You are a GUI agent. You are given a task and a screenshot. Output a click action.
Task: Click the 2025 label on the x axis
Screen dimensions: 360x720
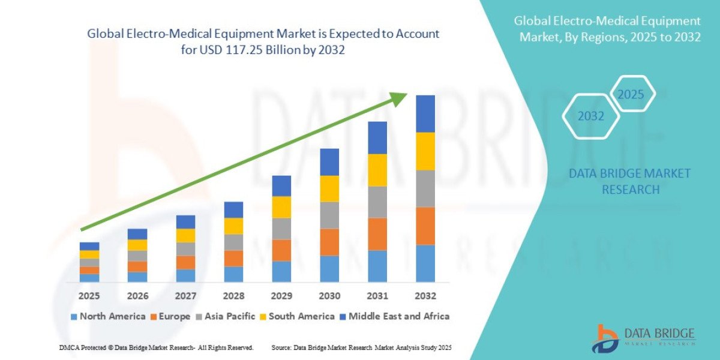89,296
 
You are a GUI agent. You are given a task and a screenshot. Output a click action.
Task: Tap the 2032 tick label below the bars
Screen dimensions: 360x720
425,296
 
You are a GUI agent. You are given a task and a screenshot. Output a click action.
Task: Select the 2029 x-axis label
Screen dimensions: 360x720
281,296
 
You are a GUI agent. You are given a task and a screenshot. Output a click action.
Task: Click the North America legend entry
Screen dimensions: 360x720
108,316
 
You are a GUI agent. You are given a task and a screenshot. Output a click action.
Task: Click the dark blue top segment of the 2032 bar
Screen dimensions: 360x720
425,113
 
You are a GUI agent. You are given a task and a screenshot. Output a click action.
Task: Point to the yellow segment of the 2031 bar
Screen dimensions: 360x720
377,170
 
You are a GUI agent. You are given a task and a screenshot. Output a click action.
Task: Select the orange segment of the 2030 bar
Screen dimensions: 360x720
329,242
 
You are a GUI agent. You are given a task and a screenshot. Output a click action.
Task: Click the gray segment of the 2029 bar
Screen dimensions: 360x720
281,229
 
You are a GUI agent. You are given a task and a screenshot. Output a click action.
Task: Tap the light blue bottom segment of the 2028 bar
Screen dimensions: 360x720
233,274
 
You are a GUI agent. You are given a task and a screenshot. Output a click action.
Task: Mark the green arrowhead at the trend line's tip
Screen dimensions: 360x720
400,98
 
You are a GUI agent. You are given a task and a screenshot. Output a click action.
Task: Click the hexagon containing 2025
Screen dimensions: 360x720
631,94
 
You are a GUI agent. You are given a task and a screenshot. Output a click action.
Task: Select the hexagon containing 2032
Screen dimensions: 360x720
590,116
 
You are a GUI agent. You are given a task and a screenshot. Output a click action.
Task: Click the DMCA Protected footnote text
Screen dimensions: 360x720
156,348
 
